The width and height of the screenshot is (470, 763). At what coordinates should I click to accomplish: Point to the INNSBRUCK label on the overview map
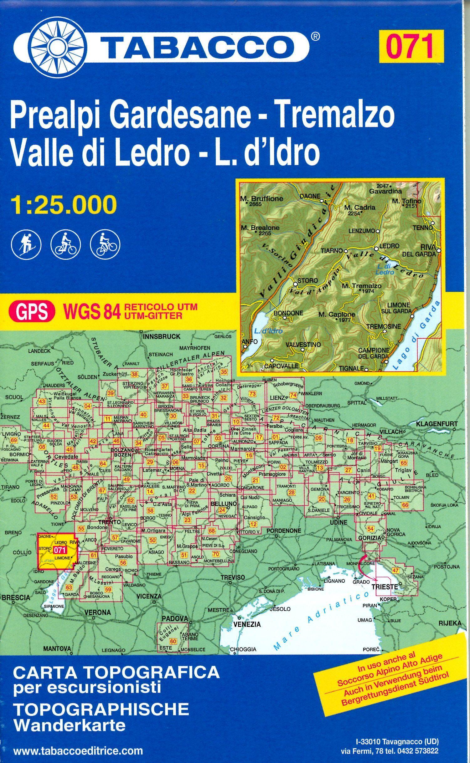[x=162, y=336]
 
